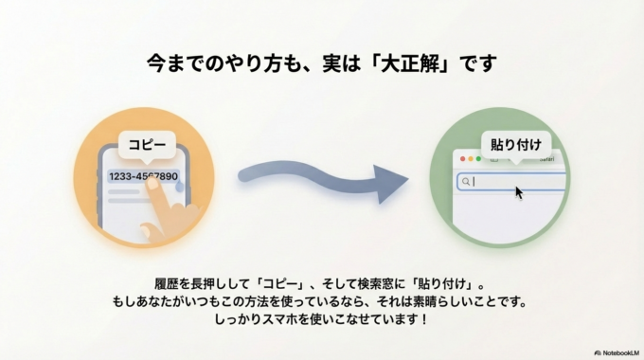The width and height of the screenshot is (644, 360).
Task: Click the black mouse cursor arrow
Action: click(519, 192)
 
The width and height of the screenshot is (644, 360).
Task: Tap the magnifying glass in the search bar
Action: click(466, 182)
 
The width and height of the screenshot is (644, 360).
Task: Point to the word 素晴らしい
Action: click(435, 301)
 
